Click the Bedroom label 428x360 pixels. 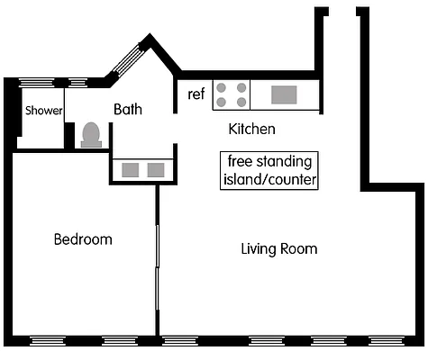pyautogui.click(x=83, y=239)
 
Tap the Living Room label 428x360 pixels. pyautogui.click(x=279, y=248)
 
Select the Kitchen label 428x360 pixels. pyautogui.click(x=252, y=130)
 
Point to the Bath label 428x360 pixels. pyautogui.click(x=129, y=110)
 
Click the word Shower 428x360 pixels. pyautogui.click(x=43, y=111)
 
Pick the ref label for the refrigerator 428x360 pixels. pyautogui.click(x=196, y=94)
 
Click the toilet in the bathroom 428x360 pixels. pyautogui.click(x=91, y=134)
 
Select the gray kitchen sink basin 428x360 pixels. pyautogui.click(x=283, y=94)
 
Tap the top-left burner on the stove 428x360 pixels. pyautogui.click(x=221, y=88)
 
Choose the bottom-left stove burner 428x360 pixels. pyautogui.click(x=221, y=102)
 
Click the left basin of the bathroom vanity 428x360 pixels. pyautogui.click(x=130, y=169)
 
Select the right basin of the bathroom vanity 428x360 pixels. pyautogui.click(x=156, y=169)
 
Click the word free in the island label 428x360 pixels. pyautogui.click(x=241, y=162)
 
